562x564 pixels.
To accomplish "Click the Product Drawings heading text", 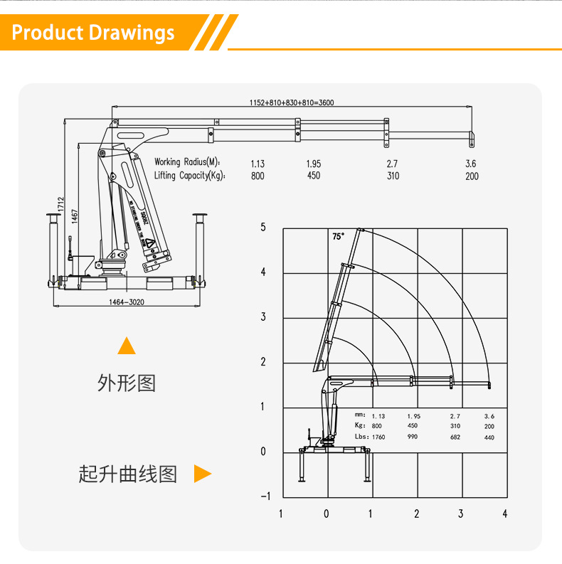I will click(93, 33).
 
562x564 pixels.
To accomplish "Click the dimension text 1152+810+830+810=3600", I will click(292, 102).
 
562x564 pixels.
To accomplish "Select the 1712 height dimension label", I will click(62, 203).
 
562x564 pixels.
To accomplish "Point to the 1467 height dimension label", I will click(74, 218).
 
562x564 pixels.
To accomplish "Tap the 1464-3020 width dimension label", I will click(127, 302).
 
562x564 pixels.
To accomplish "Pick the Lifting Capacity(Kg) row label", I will click(189, 176).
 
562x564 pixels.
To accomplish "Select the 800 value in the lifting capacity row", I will click(258, 176).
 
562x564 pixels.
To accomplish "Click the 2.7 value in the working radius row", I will click(392, 164).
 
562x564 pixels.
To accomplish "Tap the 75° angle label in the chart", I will click(338, 236).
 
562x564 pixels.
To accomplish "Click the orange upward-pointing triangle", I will click(127, 346).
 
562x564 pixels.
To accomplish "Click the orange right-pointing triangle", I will click(203, 474).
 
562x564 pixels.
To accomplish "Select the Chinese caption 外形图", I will click(126, 383).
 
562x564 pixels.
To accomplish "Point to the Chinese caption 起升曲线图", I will click(128, 474).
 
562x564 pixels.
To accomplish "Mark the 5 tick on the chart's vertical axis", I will click(263, 228).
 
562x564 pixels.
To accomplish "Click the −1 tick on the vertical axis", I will click(265, 496).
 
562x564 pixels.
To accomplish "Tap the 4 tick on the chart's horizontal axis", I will click(505, 514).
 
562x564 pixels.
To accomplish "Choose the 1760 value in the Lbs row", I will click(378, 437).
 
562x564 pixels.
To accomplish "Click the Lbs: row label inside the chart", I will click(361, 437).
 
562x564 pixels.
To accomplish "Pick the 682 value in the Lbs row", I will click(455, 437).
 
